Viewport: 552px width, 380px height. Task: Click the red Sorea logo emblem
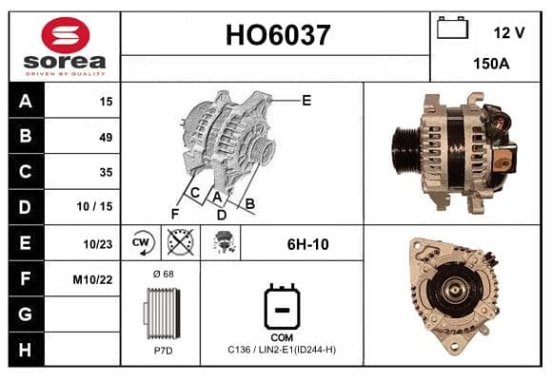pyautogui.click(x=66, y=35)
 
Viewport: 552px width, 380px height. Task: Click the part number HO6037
pyautogui.click(x=278, y=35)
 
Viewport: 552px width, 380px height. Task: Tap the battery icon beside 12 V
pyautogui.click(x=452, y=28)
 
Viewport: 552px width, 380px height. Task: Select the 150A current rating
pyautogui.click(x=491, y=64)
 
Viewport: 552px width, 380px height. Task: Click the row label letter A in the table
pyautogui.click(x=26, y=102)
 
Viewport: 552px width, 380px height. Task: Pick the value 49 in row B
pyautogui.click(x=106, y=137)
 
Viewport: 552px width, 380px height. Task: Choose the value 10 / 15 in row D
pyautogui.click(x=95, y=206)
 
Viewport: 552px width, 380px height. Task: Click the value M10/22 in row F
pyautogui.click(x=92, y=280)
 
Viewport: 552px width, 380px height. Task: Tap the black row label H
pyautogui.click(x=26, y=350)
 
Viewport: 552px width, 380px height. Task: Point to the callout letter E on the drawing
pyautogui.click(x=306, y=101)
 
